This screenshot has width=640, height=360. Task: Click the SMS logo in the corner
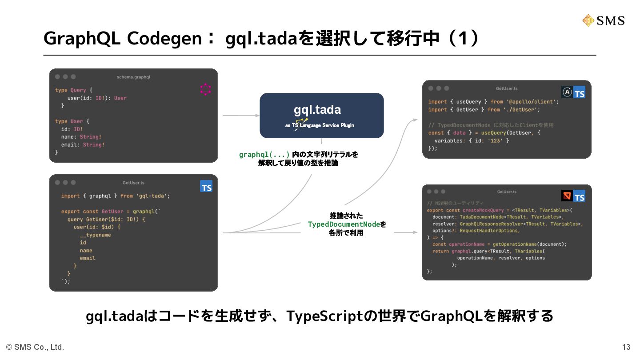pos(603,20)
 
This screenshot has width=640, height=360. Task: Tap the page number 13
pos(626,347)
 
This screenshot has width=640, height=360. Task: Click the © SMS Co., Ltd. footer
pos(35,347)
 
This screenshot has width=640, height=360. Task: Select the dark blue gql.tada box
pos(321,115)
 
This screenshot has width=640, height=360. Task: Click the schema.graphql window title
pos(133,77)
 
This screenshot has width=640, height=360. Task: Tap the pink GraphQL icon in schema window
pos(205,89)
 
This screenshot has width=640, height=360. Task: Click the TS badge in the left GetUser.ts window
pos(206,187)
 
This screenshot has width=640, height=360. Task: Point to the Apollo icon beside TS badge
pos(567,92)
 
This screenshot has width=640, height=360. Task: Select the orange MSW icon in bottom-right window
pos(567,196)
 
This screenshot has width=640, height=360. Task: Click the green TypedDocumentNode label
pos(344,224)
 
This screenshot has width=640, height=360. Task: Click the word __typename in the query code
pos(95,235)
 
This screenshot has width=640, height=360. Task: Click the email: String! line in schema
pos(83,144)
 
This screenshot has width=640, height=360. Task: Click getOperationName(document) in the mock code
pos(529,244)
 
